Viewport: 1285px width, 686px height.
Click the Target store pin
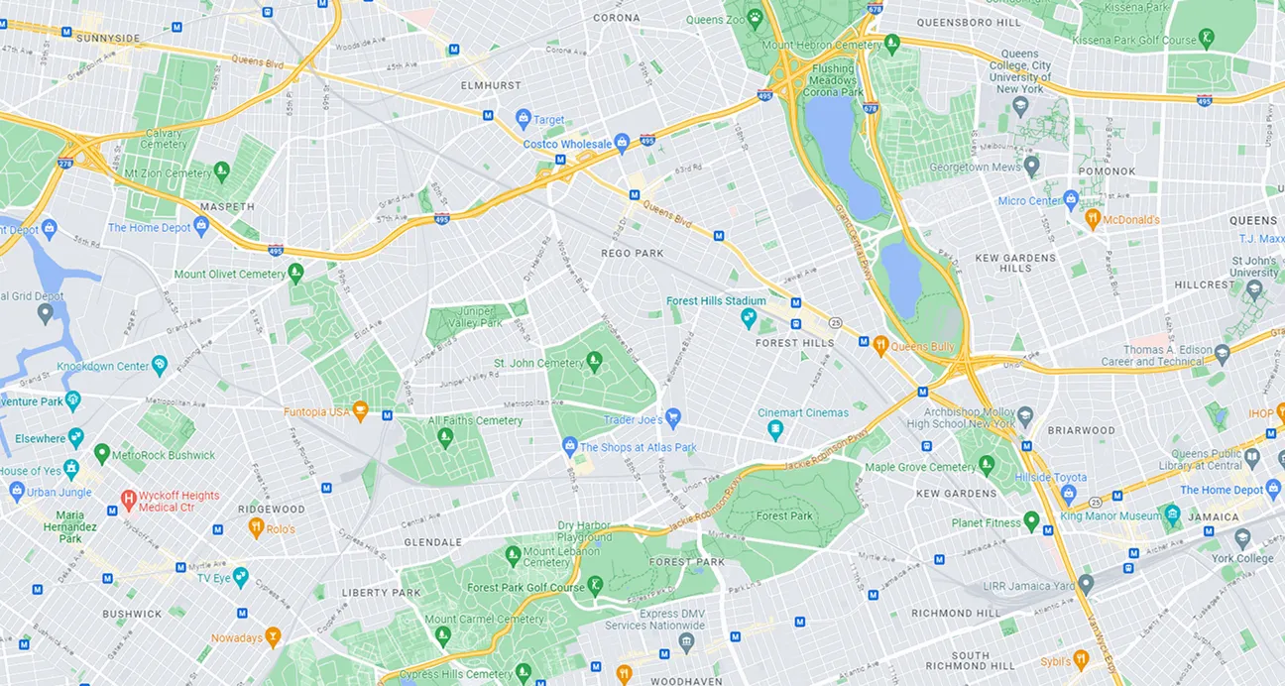click(x=524, y=119)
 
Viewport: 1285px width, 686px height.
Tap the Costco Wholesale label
click(x=568, y=145)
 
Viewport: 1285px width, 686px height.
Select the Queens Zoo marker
click(x=755, y=18)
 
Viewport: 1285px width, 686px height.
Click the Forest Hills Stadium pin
click(x=750, y=318)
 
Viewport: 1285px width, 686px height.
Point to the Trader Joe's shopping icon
click(x=673, y=417)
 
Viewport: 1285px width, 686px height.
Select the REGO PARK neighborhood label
click(x=632, y=254)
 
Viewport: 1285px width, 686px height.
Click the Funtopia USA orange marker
click(x=361, y=410)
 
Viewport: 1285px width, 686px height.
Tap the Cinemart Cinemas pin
click(x=775, y=429)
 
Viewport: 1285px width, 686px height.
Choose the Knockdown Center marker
click(x=160, y=366)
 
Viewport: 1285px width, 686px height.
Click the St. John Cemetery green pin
click(x=595, y=362)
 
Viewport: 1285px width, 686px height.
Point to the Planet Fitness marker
click(x=1031, y=521)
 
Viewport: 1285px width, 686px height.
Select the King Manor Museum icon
click(x=1173, y=515)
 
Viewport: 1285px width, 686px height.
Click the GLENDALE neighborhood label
click(x=433, y=542)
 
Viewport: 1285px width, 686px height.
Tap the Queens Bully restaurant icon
click(x=879, y=345)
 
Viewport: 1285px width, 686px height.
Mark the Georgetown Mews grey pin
click(x=1032, y=167)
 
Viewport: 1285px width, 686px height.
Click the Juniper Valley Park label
click(x=478, y=316)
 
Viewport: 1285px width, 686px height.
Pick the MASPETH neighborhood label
click(x=227, y=207)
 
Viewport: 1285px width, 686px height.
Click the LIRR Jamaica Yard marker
click(x=1086, y=585)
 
